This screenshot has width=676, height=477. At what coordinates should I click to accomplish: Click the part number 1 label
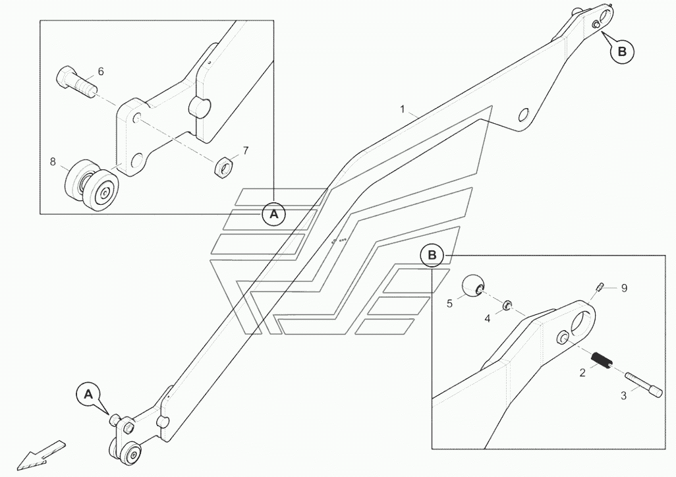pyautogui.click(x=403, y=109)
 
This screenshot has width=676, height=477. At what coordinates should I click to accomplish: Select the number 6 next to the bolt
pyautogui.click(x=101, y=71)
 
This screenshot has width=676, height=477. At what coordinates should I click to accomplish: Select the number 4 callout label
pyautogui.click(x=488, y=318)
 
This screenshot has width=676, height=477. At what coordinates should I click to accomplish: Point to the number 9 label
pyautogui.click(x=624, y=288)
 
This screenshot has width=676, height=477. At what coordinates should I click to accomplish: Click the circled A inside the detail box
pyautogui.click(x=274, y=213)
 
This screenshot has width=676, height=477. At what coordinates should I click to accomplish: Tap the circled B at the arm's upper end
pyautogui.click(x=621, y=51)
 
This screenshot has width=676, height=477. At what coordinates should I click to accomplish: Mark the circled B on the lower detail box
pyautogui.click(x=432, y=255)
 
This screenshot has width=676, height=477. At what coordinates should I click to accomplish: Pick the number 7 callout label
pyautogui.click(x=245, y=151)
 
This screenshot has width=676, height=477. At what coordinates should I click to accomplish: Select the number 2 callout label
pyautogui.click(x=582, y=373)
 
